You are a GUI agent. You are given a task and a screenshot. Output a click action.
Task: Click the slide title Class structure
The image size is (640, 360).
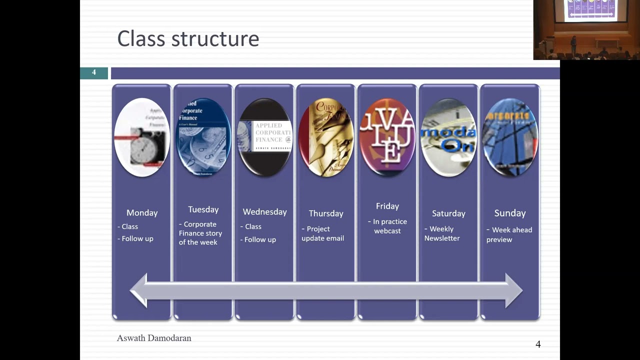(188, 39)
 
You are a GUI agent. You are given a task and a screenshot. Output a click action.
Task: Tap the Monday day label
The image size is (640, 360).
(142, 213)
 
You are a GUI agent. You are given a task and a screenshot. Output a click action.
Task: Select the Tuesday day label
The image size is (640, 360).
(203, 209)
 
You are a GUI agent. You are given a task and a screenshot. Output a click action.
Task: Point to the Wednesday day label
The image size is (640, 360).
(264, 212)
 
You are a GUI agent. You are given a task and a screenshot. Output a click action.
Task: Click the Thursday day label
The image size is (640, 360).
(326, 213)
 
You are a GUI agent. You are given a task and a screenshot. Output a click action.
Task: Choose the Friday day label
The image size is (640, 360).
(387, 206)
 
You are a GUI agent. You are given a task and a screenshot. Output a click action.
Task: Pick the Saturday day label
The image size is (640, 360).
(448, 213)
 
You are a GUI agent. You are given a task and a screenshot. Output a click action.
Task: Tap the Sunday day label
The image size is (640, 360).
(510, 213)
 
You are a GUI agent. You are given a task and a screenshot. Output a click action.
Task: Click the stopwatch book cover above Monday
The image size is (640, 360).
(142, 137)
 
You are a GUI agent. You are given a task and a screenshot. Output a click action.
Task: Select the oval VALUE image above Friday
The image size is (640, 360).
(387, 137)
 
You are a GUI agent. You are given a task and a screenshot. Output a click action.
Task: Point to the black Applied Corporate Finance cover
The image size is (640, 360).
(264, 137)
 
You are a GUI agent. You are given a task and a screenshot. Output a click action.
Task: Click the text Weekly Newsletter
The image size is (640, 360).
(441, 233)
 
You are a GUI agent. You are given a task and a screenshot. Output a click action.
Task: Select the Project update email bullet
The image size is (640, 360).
(322, 233)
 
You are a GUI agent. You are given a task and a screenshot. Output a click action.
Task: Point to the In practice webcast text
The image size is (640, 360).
(388, 226)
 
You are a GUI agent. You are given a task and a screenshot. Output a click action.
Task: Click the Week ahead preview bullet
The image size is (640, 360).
(509, 234)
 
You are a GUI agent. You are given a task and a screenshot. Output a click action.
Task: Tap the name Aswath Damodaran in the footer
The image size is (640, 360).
(154, 338)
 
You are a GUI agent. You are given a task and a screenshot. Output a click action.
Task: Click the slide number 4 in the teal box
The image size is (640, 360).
(94, 73)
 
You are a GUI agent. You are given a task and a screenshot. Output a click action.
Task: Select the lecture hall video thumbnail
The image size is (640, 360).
(586, 30)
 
